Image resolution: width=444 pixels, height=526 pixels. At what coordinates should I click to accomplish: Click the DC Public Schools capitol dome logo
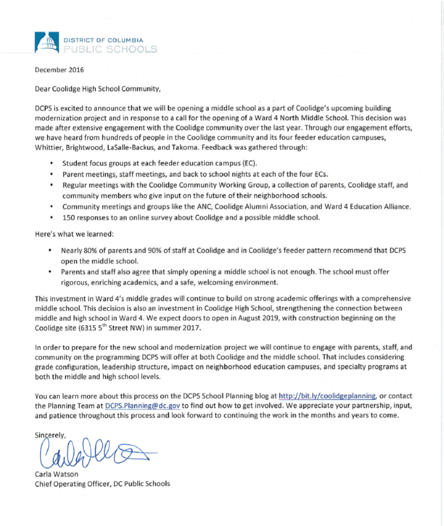pyautogui.click(x=47, y=42)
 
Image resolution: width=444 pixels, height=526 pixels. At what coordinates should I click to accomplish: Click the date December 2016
pyautogui.click(x=59, y=70)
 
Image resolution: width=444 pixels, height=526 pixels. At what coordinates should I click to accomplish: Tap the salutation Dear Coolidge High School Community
pyautogui.click(x=97, y=89)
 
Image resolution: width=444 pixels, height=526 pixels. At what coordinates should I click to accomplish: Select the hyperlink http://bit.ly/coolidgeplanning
pyautogui.click(x=327, y=396)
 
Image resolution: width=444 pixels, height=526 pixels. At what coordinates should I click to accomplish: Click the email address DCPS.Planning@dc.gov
pyautogui.click(x=142, y=406)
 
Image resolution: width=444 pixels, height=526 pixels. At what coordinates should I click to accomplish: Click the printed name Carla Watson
pyautogui.click(x=56, y=474)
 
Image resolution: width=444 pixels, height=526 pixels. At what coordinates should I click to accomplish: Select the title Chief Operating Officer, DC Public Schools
pyautogui.click(x=102, y=484)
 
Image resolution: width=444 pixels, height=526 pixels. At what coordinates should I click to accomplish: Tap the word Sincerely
pyautogui.click(x=50, y=435)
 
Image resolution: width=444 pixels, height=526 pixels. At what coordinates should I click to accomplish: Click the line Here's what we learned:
pyautogui.click(x=74, y=234)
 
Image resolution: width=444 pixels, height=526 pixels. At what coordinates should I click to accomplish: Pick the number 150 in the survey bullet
pyautogui.click(x=68, y=217)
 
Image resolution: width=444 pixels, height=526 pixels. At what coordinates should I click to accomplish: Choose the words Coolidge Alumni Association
pyautogui.click(x=261, y=207)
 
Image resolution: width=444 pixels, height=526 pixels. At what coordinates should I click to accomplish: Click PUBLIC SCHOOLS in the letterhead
pyautogui.click(x=110, y=49)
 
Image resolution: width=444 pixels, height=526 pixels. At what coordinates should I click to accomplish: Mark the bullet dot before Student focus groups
pyautogui.click(x=51, y=163)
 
